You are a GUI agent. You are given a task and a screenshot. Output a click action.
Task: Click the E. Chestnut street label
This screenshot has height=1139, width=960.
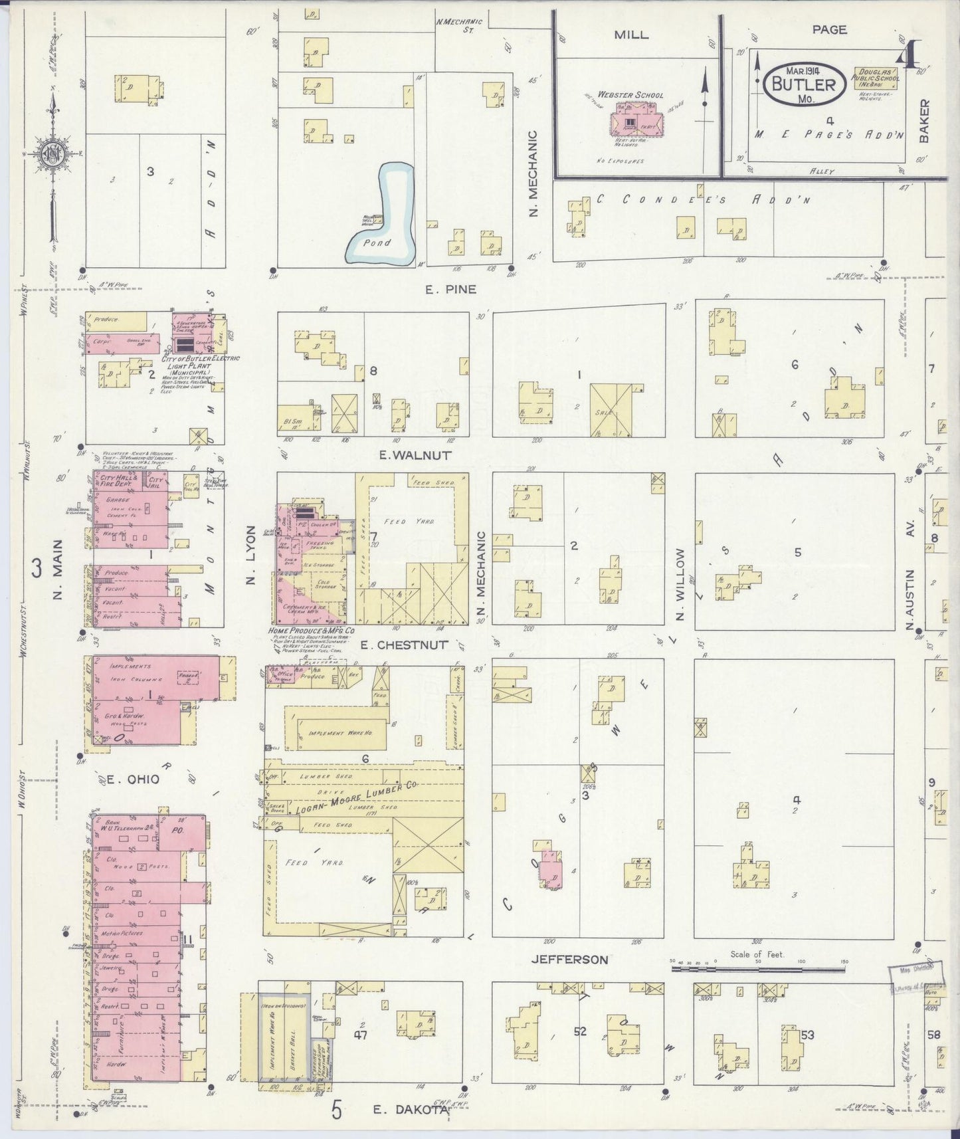[413, 645]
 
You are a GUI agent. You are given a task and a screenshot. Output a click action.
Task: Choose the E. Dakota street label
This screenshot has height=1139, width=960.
[403, 1108]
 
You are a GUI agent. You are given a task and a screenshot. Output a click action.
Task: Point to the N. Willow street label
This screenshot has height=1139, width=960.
[679, 585]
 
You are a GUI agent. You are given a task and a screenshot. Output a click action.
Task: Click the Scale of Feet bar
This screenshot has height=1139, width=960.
[758, 970]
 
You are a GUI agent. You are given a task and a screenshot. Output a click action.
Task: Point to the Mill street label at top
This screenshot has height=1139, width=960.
[631, 35]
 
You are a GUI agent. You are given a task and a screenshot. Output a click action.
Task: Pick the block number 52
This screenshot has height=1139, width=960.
[581, 1031]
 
